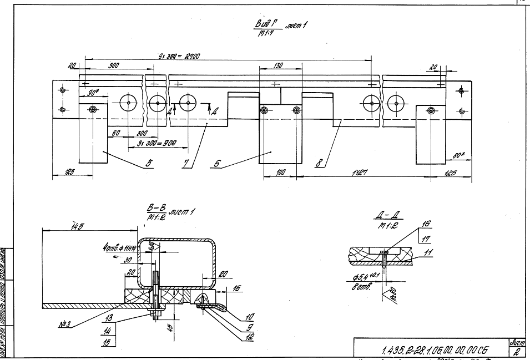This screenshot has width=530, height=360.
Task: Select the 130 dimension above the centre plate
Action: pos(278,65)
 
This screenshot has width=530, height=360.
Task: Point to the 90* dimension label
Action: pos(93,95)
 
